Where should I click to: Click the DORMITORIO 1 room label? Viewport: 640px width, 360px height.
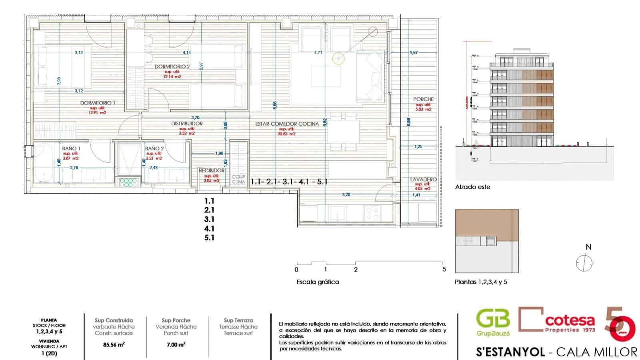(x=97, y=103)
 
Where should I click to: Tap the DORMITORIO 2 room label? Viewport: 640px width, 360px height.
(x=172, y=66)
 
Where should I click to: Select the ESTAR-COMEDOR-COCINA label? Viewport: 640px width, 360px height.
(x=287, y=124)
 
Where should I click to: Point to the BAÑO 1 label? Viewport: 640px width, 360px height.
(x=71, y=148)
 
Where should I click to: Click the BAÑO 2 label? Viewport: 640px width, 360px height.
(x=154, y=148)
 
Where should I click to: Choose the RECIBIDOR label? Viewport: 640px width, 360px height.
(x=211, y=170)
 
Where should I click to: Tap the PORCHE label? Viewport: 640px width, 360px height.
(x=423, y=99)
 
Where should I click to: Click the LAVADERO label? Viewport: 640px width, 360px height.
(x=423, y=180)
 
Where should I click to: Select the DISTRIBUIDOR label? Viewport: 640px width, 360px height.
(x=187, y=124)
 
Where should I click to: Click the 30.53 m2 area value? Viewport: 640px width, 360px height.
(x=287, y=134)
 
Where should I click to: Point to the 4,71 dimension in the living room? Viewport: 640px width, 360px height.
(x=318, y=52)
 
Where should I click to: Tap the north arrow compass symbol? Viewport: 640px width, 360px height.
(x=584, y=263)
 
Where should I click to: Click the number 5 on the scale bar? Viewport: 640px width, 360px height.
(x=444, y=269)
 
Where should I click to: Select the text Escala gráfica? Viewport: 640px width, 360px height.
(x=318, y=282)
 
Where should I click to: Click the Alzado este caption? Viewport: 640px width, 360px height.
(x=472, y=187)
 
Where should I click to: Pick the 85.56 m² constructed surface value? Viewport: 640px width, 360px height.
(x=114, y=344)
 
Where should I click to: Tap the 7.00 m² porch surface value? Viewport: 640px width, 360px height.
(x=176, y=344)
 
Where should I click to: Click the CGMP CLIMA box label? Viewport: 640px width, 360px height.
(x=238, y=179)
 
